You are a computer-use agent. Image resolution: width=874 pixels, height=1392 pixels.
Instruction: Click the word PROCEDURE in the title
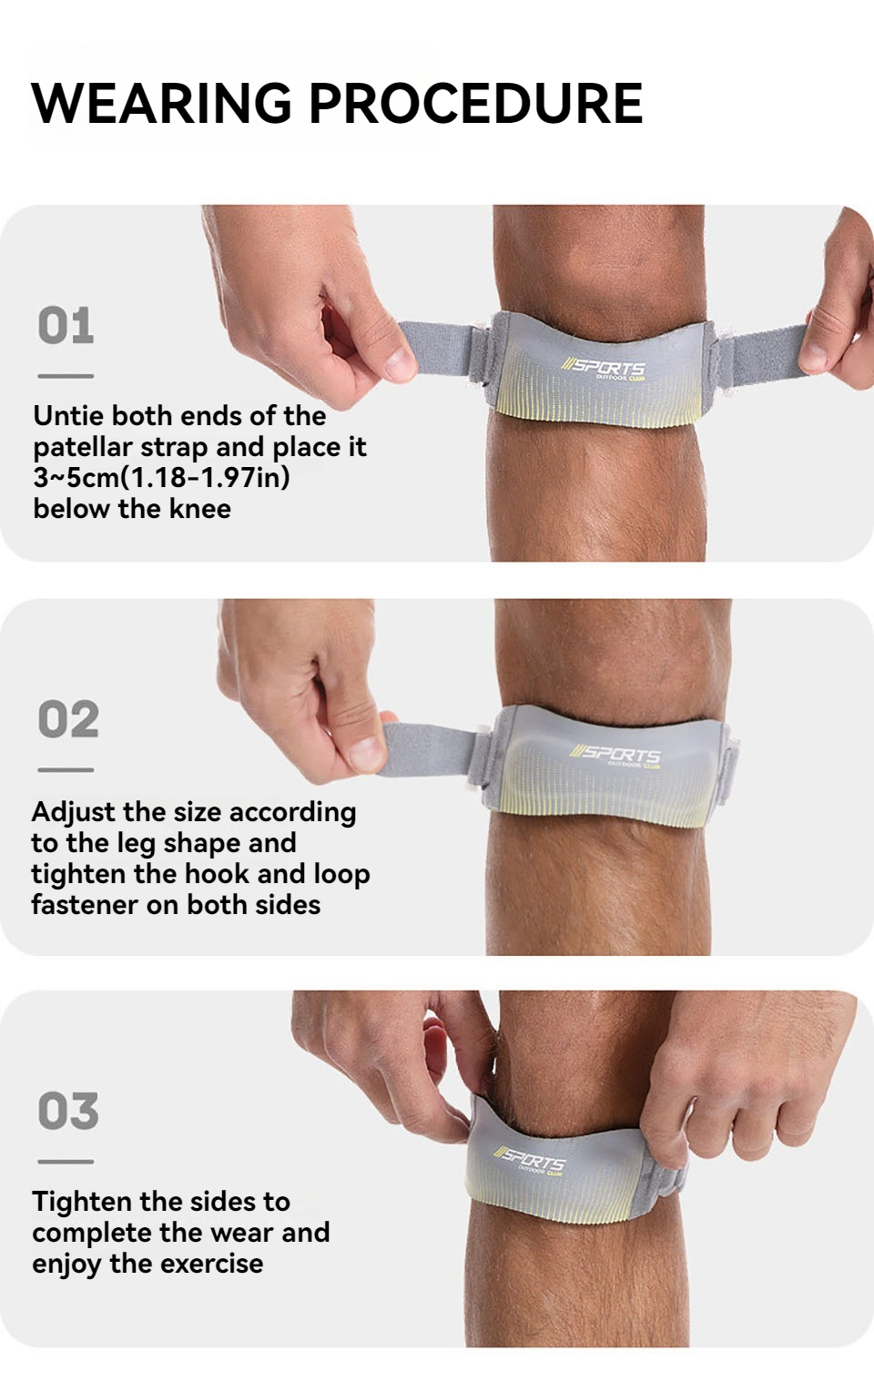(x=476, y=103)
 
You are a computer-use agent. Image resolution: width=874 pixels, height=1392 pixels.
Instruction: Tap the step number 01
(x=66, y=326)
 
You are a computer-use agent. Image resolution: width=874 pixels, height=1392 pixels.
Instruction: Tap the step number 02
(x=68, y=720)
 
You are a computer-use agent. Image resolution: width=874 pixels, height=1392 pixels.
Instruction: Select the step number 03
(x=68, y=1112)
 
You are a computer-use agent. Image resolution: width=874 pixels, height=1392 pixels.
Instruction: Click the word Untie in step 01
(x=66, y=416)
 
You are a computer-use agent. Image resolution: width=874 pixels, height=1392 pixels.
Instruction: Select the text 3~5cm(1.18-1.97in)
(x=161, y=477)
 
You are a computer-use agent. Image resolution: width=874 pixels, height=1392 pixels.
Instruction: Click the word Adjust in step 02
(x=74, y=812)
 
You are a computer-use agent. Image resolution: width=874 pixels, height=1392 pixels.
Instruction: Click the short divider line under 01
(x=66, y=376)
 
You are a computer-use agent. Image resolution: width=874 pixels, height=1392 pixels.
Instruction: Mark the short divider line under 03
(x=66, y=1162)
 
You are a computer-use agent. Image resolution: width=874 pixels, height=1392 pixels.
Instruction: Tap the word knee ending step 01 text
(x=199, y=509)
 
